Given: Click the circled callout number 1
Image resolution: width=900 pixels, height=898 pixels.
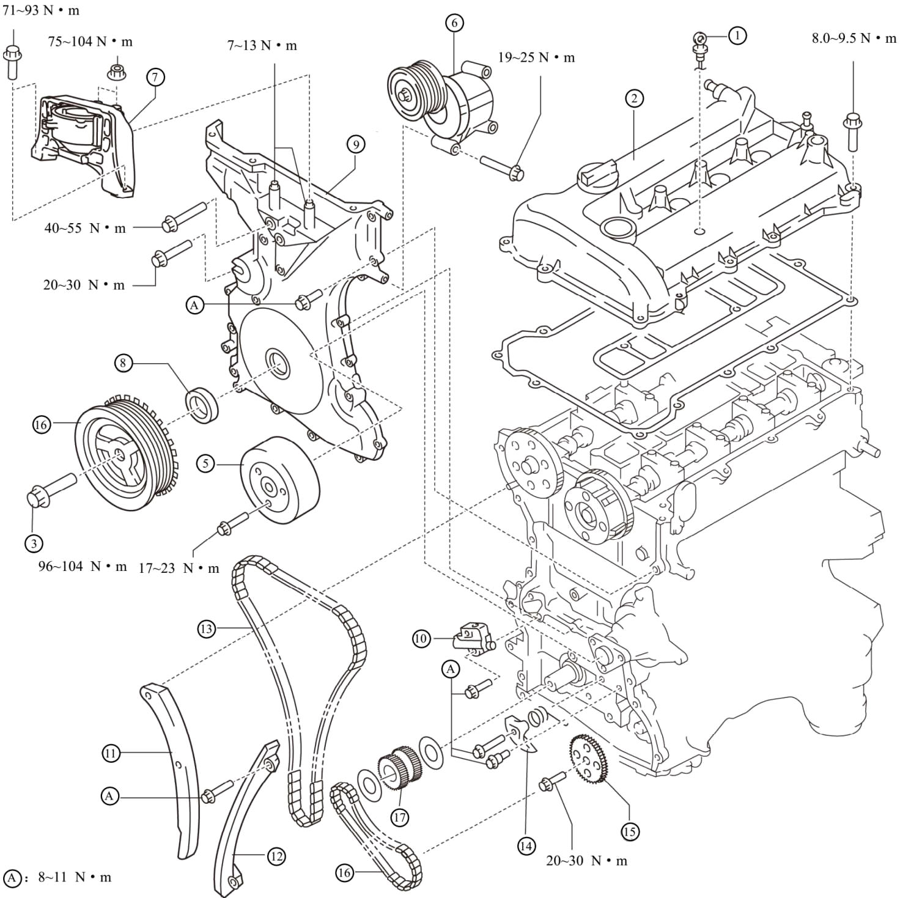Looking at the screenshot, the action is pyautogui.click(x=737, y=35).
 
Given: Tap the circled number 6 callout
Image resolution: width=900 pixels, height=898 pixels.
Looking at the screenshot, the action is pyautogui.click(x=454, y=22).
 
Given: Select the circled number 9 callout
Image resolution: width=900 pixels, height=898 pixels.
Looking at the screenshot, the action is pyautogui.click(x=356, y=145).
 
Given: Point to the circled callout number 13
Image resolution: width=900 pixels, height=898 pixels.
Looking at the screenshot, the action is pyautogui.click(x=207, y=629).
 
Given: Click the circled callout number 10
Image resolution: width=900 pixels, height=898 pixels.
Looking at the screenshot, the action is pyautogui.click(x=421, y=638).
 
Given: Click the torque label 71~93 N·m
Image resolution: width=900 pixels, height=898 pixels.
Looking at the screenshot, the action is pyautogui.click(x=41, y=10).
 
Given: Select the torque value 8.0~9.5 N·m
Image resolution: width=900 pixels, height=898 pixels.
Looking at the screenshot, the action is pyautogui.click(x=854, y=39).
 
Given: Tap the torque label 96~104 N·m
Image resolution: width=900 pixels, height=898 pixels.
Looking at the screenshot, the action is pyautogui.click(x=83, y=567).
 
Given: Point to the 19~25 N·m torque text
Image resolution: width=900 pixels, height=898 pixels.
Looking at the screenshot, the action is pyautogui.click(x=536, y=57).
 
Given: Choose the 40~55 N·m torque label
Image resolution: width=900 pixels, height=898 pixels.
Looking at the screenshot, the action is pyautogui.click(x=85, y=228).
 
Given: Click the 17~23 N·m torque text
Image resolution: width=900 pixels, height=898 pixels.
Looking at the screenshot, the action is pyautogui.click(x=179, y=569).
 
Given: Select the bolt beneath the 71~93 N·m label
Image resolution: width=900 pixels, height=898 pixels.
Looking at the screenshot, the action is pyautogui.click(x=13, y=61).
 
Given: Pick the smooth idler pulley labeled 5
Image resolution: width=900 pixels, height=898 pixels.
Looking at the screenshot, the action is pyautogui.click(x=280, y=481).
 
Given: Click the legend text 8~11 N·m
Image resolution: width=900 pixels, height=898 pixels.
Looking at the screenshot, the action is pyautogui.click(x=75, y=877).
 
